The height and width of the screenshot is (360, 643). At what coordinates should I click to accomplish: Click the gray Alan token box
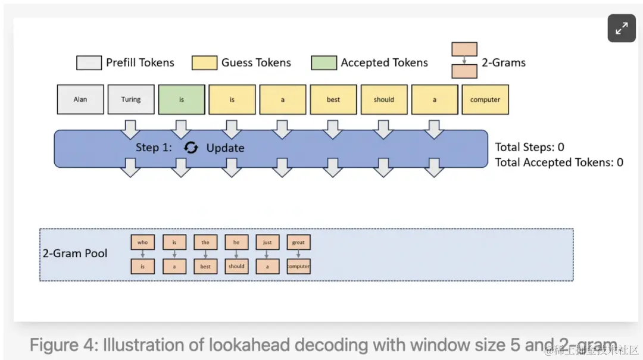(x=80, y=99)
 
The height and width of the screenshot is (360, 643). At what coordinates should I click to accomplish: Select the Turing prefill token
(x=131, y=99)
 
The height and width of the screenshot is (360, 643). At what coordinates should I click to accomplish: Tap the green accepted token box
(x=182, y=99)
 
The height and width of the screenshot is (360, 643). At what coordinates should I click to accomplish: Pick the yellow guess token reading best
(x=333, y=99)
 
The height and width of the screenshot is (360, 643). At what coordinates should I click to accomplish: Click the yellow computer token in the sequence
(x=485, y=99)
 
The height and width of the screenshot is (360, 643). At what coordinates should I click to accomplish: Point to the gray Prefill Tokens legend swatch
(x=89, y=63)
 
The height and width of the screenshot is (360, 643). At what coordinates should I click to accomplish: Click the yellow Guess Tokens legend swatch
(x=204, y=63)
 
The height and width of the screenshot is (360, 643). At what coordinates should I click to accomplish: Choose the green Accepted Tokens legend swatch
(x=324, y=63)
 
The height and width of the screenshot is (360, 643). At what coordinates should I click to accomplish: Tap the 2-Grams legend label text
(x=504, y=62)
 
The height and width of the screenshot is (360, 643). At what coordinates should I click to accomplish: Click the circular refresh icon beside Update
(x=191, y=148)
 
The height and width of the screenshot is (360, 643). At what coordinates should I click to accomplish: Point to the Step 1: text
(x=154, y=148)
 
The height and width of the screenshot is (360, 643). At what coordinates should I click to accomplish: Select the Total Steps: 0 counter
(x=530, y=147)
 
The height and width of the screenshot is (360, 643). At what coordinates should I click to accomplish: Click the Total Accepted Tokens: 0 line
(x=559, y=162)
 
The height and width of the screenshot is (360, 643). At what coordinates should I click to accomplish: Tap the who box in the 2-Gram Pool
(x=142, y=242)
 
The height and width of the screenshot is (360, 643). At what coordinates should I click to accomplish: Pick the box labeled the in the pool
(x=205, y=242)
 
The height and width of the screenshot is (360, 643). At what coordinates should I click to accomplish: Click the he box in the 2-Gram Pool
(x=236, y=242)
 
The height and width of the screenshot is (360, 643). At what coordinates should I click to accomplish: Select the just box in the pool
(x=267, y=242)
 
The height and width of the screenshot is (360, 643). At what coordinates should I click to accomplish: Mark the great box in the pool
(x=298, y=242)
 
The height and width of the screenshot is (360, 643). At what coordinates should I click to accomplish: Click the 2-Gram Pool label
(x=75, y=253)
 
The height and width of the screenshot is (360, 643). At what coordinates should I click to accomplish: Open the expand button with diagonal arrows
(x=622, y=28)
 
